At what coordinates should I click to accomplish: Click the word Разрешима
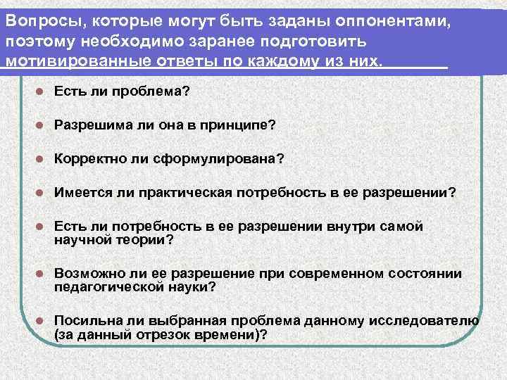point(92,125)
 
